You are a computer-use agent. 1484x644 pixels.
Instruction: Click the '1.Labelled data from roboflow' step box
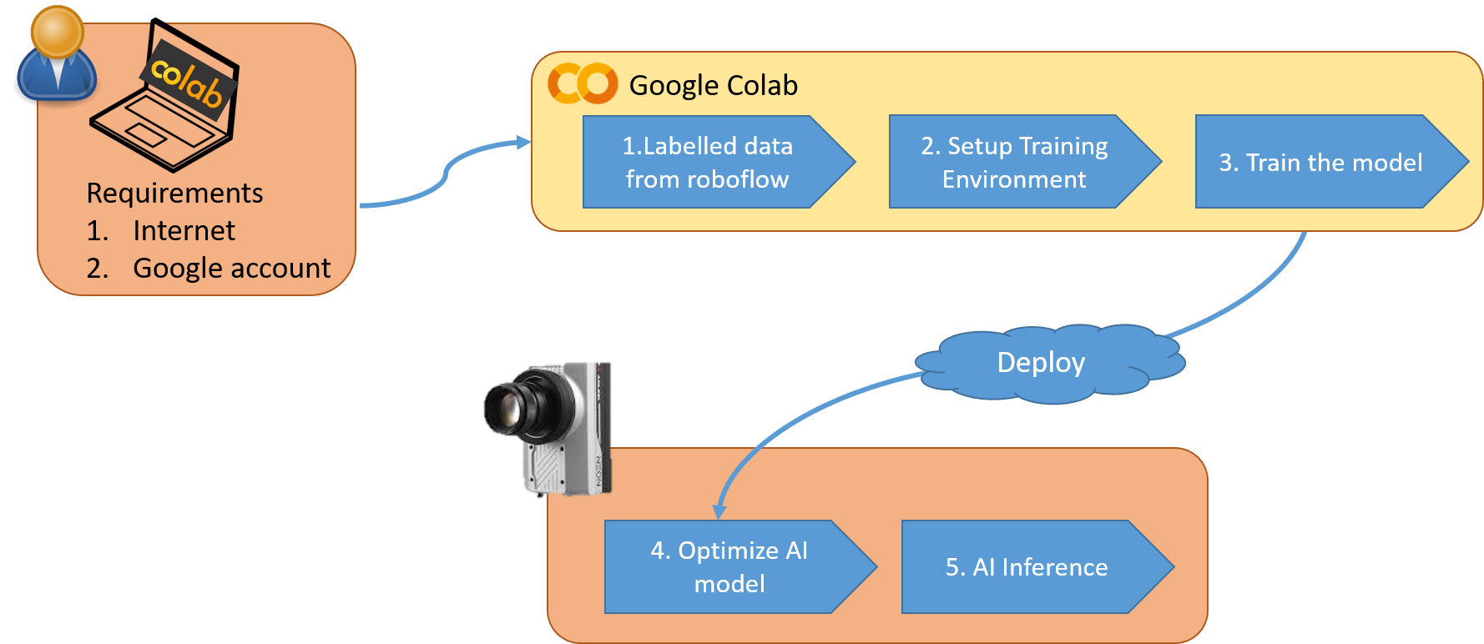pyautogui.click(x=707, y=162)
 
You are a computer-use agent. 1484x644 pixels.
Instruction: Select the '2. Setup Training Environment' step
pyautogui.click(x=1014, y=162)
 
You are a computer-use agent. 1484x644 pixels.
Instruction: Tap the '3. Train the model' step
pyautogui.click(x=1320, y=162)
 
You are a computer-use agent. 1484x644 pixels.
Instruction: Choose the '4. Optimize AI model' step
pyautogui.click(x=729, y=567)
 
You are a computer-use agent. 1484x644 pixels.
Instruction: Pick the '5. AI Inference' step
pyautogui.click(x=1027, y=567)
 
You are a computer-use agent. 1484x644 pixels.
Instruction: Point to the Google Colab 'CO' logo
pyautogui.click(x=583, y=83)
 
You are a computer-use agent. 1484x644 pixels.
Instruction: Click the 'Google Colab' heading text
pyautogui.click(x=713, y=85)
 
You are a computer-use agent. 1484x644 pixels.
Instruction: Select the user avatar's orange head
pyautogui.click(x=57, y=32)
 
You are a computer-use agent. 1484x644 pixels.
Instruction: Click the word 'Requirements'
pyautogui.click(x=174, y=193)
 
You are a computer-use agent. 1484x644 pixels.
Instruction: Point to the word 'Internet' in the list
pyautogui.click(x=184, y=230)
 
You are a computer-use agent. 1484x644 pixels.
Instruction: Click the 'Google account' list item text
pyautogui.click(x=231, y=268)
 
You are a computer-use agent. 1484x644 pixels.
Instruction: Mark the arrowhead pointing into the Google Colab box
pyautogui.click(x=524, y=143)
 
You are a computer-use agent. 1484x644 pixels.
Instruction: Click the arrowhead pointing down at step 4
pyautogui.click(x=719, y=512)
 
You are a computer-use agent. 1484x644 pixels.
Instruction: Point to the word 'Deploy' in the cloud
pyautogui.click(x=1041, y=362)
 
